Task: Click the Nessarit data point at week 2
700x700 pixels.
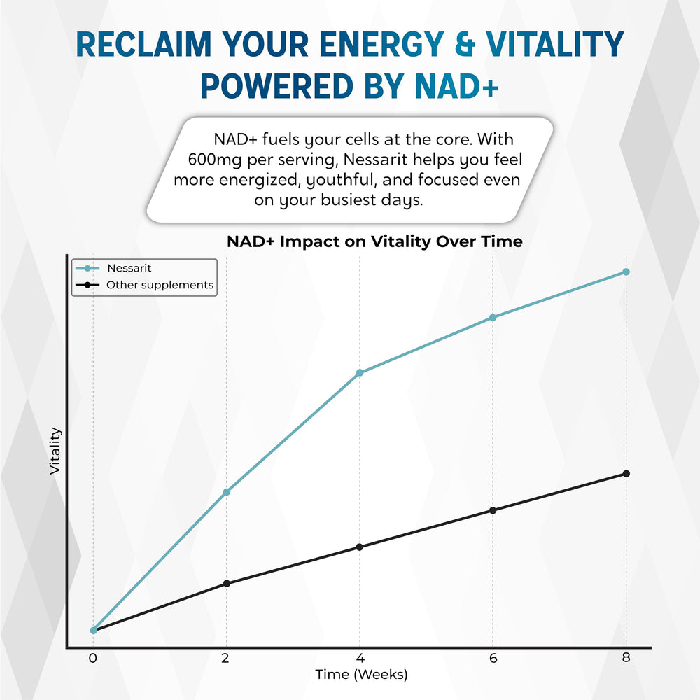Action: [x=226, y=492]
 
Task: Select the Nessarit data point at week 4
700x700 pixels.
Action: [x=360, y=373]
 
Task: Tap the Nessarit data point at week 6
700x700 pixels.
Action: [x=493, y=318]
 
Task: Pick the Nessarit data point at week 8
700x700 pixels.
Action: [x=626, y=272]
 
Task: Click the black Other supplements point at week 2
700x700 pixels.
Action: [x=226, y=583]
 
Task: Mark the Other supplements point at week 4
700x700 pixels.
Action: [x=360, y=547]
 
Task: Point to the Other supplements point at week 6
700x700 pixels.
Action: [x=493, y=510]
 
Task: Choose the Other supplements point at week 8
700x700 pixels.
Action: [x=626, y=474]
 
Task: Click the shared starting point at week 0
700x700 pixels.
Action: [x=93, y=630]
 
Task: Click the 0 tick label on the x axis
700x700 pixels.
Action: [x=93, y=658]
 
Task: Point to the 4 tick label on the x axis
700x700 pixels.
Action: [x=360, y=658]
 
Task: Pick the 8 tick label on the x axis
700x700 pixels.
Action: [x=626, y=658]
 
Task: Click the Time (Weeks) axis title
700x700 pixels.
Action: [x=360, y=675]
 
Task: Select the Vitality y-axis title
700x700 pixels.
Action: [x=55, y=451]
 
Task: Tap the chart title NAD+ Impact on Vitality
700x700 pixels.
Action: [x=374, y=241]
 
